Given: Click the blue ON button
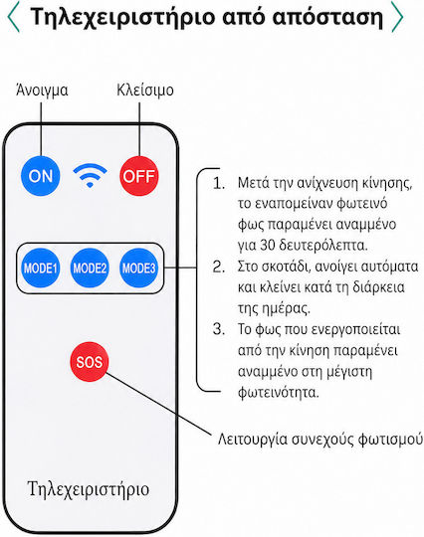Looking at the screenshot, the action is (x=41, y=176).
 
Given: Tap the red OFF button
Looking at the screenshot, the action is (x=139, y=176).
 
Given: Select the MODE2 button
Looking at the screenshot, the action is (x=90, y=268).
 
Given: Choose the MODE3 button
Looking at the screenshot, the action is (x=138, y=268).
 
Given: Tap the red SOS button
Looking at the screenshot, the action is (x=90, y=362).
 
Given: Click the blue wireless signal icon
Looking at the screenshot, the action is (x=90, y=175).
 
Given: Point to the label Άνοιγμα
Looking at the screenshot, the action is (x=42, y=90).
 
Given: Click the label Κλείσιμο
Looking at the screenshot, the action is (x=145, y=90).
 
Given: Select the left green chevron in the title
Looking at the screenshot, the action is (x=13, y=17).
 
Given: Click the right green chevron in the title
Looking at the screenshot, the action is (x=397, y=17).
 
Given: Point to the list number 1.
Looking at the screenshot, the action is (x=218, y=184).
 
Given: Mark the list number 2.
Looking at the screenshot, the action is (x=218, y=267).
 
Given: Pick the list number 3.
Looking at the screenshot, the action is (x=218, y=329).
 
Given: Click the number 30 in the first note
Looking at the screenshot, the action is (x=268, y=246).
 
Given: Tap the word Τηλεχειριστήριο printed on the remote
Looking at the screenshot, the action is (x=89, y=489).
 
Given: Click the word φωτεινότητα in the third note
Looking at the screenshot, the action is (x=279, y=393).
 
